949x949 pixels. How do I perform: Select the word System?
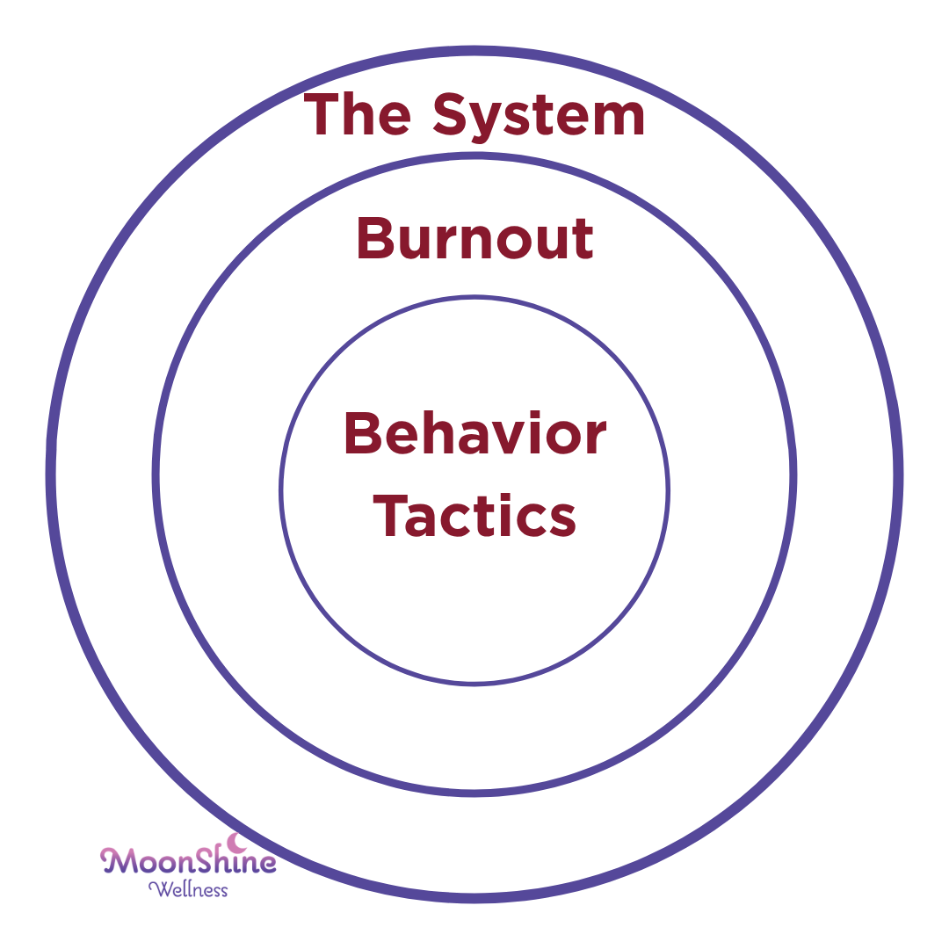(539, 118)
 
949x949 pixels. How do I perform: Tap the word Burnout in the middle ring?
(474, 238)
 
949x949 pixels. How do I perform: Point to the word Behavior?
(475, 432)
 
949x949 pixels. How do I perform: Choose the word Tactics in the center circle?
(474, 516)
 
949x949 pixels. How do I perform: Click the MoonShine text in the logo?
(188, 859)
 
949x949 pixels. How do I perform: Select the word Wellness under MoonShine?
(188, 889)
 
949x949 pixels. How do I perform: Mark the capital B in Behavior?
(363, 432)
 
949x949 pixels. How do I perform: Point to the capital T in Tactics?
(392, 516)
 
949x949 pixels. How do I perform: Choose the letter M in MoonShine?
(115, 860)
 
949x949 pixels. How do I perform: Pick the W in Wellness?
(158, 889)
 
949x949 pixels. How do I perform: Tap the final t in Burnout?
(583, 243)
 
